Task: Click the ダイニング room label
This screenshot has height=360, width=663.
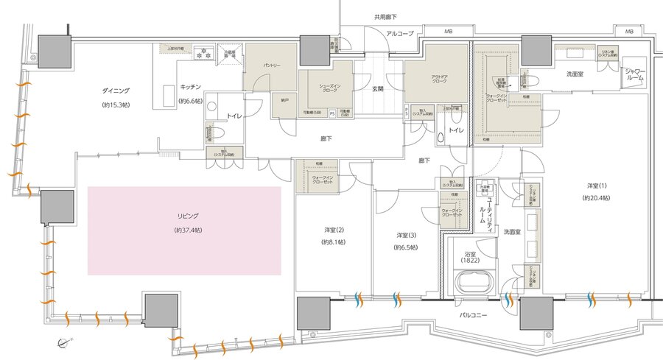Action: point(116,91)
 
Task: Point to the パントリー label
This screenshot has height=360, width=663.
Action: point(272,65)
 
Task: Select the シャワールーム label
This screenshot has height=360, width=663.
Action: point(634,75)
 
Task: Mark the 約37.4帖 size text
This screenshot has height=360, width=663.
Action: point(184,230)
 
